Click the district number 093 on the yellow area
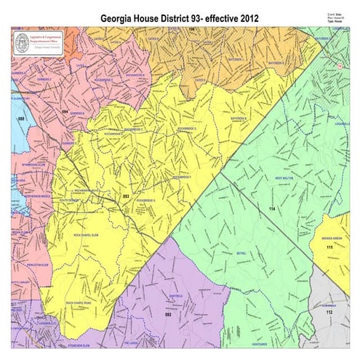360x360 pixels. (x=124, y=196)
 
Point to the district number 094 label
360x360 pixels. (x=64, y=111)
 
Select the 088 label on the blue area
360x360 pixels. (x=21, y=118)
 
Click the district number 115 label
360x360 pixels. (x=329, y=248)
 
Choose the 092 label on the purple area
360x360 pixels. (x=167, y=315)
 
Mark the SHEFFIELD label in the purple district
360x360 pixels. (x=175, y=296)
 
